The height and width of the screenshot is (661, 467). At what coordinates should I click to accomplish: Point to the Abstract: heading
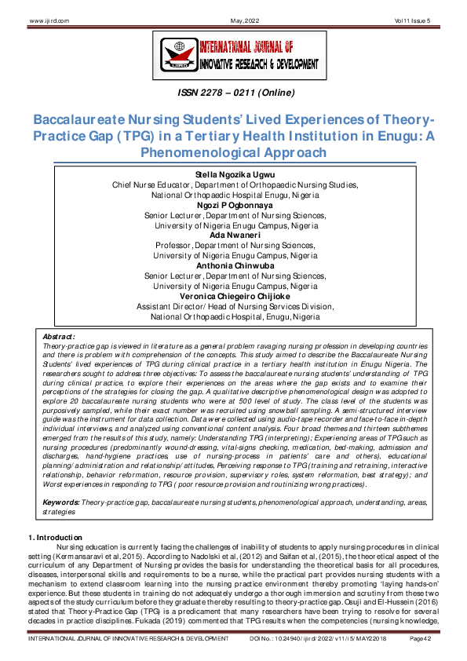pos(60,336)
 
